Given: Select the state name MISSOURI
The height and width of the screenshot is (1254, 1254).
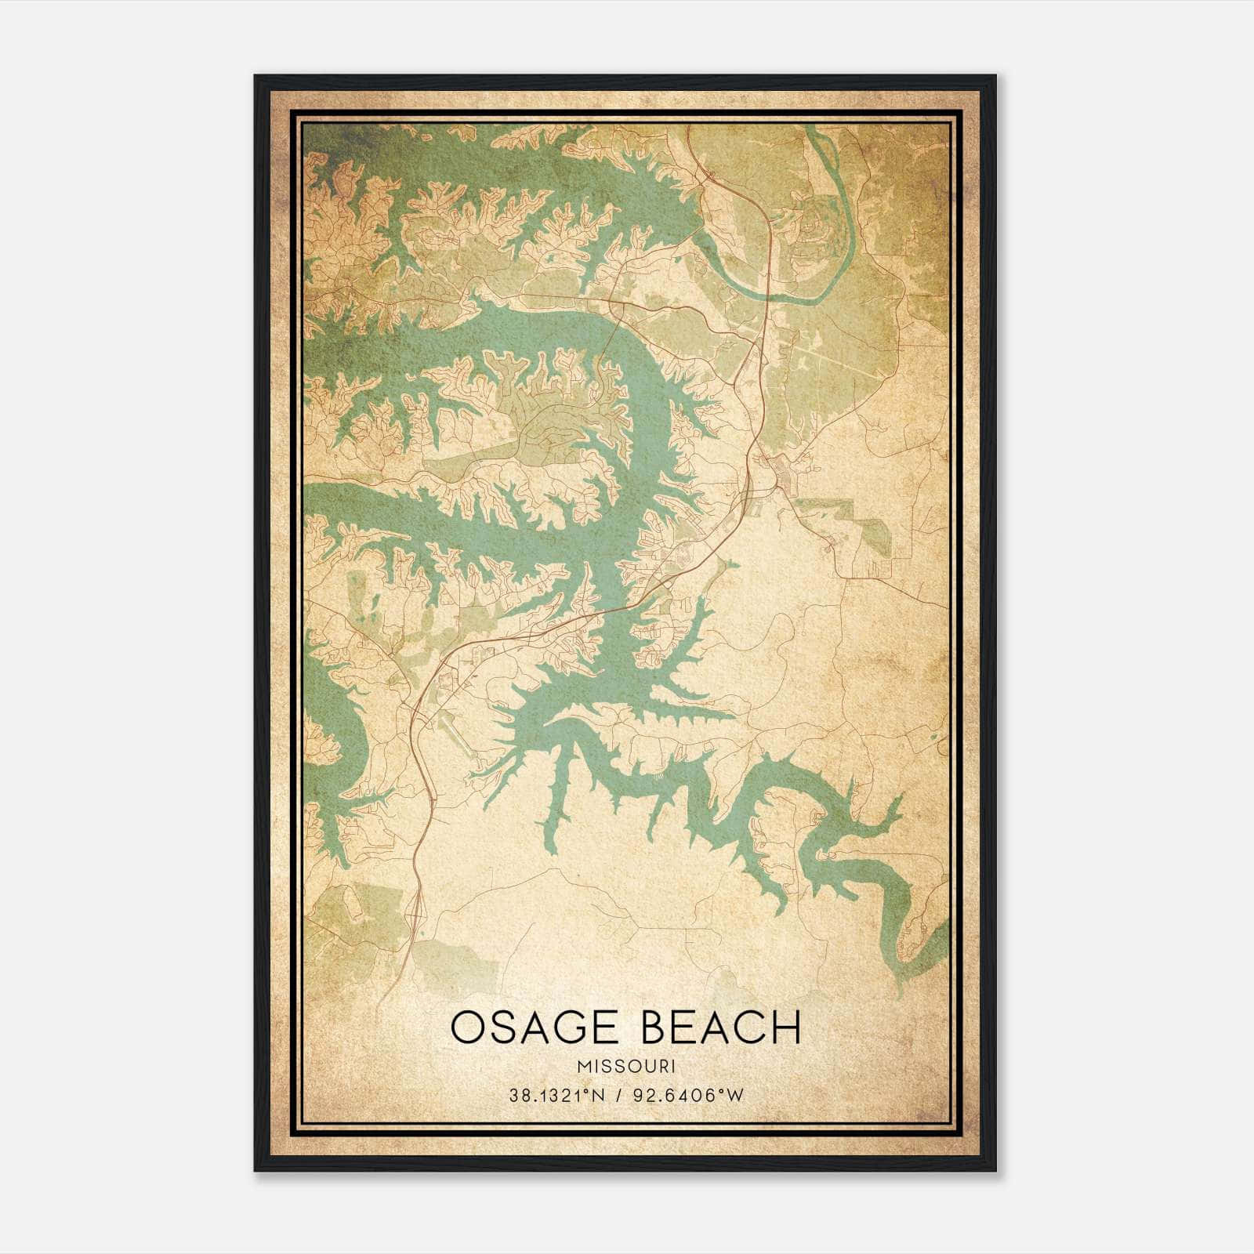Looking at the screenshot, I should (626, 1067).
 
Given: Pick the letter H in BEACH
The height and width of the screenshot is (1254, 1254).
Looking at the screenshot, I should (787, 1027).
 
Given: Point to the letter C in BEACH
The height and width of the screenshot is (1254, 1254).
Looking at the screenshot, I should (748, 1027).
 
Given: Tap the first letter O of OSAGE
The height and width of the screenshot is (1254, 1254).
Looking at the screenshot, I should (469, 1027).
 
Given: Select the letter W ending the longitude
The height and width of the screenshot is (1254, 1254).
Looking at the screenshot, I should (735, 1096).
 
